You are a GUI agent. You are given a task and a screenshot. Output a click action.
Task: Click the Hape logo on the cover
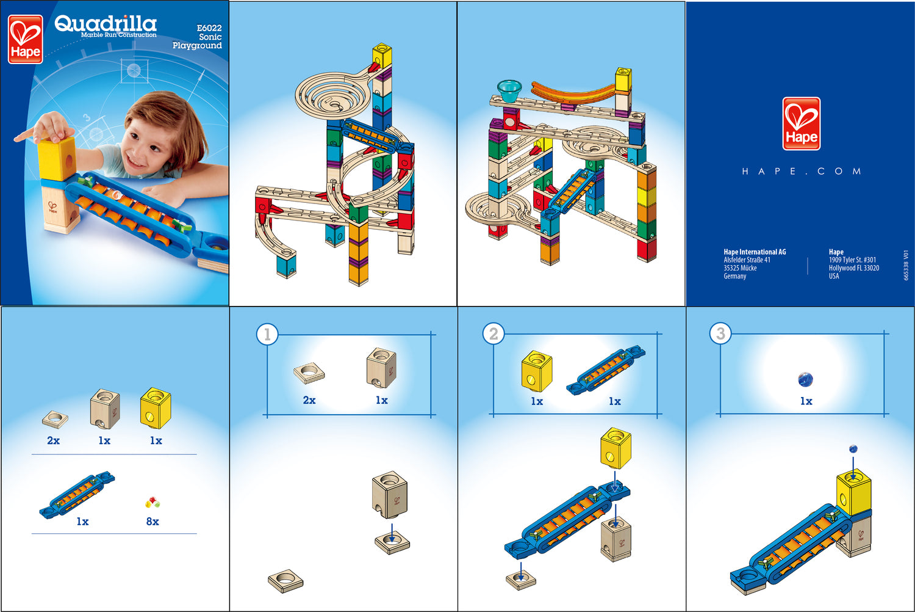click(x=26, y=39)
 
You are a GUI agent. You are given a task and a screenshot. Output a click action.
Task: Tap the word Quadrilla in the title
click(x=106, y=24)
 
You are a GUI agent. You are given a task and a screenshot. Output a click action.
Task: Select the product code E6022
click(x=209, y=28)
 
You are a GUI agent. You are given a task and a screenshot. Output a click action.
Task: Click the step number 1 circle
click(x=267, y=334)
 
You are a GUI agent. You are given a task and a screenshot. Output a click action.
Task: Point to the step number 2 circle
click(x=493, y=334)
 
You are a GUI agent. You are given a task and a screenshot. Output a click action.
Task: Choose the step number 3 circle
click(x=720, y=333)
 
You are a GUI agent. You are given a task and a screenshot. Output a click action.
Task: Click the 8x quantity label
click(x=152, y=521)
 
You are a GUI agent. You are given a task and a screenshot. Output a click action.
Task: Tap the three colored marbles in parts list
click(x=152, y=502)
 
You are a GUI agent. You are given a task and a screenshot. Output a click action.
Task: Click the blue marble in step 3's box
click(x=806, y=379)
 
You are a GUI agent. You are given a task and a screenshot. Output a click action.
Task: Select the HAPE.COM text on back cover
click(x=802, y=171)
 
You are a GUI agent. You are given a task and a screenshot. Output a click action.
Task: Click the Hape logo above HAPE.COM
click(x=802, y=123)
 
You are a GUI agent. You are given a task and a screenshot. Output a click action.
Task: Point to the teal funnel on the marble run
click(x=509, y=90)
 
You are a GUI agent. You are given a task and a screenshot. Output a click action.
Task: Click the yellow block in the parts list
click(x=156, y=407)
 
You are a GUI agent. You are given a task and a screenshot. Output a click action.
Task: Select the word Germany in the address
click(x=735, y=276)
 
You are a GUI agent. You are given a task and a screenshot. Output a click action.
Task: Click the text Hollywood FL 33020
click(x=854, y=268)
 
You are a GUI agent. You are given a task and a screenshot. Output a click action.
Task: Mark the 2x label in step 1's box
click(x=309, y=400)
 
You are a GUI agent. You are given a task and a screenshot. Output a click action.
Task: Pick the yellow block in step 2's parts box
click(x=537, y=371)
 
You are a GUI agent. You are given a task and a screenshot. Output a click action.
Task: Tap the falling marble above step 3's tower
click(x=853, y=449)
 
